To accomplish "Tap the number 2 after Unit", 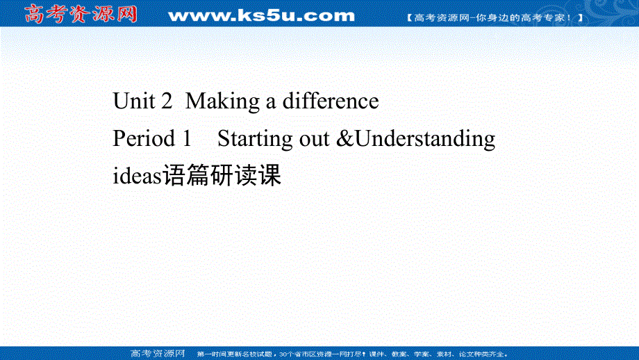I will (x=165, y=101).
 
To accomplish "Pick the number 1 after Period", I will (x=185, y=139).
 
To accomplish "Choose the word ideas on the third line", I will (x=137, y=177).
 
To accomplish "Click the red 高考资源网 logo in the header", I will (x=80, y=14).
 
